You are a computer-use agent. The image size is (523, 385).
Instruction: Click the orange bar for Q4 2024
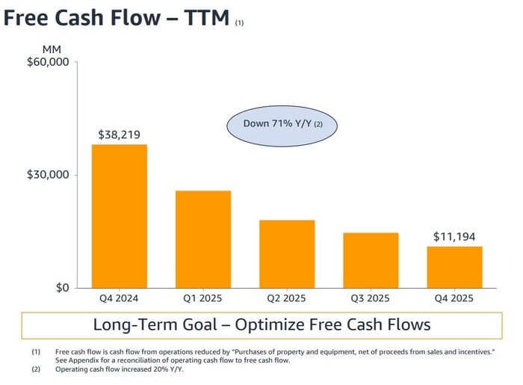point(120,216)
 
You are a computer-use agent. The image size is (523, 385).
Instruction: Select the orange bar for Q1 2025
point(203,239)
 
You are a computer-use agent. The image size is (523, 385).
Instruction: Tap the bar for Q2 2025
point(287,254)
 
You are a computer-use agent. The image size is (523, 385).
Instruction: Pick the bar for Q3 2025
point(371,260)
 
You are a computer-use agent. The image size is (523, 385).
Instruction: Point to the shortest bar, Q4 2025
point(454,267)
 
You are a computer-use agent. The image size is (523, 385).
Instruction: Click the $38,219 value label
point(120,135)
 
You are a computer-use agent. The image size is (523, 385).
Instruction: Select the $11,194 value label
point(454,237)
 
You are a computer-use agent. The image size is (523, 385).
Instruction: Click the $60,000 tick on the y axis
point(48,63)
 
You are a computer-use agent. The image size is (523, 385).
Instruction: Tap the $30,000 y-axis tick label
point(48,175)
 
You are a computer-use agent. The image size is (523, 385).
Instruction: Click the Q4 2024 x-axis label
point(120,299)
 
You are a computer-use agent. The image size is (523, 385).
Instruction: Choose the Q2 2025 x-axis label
point(287,299)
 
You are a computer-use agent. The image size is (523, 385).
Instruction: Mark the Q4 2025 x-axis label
point(454,299)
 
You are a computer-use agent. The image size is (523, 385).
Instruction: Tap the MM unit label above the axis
point(52,49)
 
